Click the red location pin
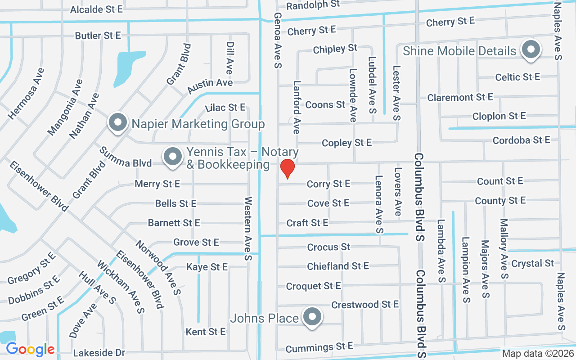pyautogui.click(x=287, y=169)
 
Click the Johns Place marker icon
pyautogui.click(x=312, y=318)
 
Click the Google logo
pyautogui.click(x=30, y=349)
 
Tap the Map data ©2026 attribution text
pyautogui.click(x=538, y=354)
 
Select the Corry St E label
pyautogui.click(x=328, y=184)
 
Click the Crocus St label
pyautogui.click(x=328, y=247)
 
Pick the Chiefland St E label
pyautogui.click(x=338, y=266)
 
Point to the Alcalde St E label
pyautogui.click(x=96, y=9)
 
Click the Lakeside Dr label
pyautogui.click(x=99, y=353)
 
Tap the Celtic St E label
pyautogui.click(x=517, y=77)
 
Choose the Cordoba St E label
pyautogui.click(x=521, y=140)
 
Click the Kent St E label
pyautogui.click(x=206, y=332)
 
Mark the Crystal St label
pyautogui.click(x=533, y=263)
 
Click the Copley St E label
pyautogui.click(x=346, y=143)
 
